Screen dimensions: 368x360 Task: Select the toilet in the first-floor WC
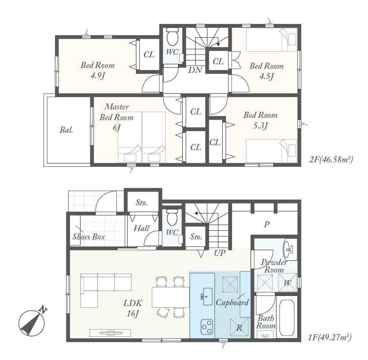(x=173, y=218)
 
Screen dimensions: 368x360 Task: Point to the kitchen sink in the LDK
(x=207, y=296)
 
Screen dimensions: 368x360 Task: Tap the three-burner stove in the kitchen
(x=207, y=327)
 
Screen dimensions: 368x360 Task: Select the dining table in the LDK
(x=171, y=297)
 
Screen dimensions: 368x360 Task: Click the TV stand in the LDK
(x=110, y=333)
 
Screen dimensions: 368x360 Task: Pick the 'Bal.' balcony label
(x=66, y=130)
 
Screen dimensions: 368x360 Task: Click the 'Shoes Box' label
(x=89, y=236)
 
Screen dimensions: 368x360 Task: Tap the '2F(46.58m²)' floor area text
(x=331, y=160)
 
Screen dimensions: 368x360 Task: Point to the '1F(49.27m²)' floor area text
(x=330, y=338)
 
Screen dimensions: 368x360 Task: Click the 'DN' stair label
(x=195, y=70)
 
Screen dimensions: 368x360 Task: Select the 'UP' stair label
(x=220, y=253)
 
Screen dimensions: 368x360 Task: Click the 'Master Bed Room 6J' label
(x=117, y=117)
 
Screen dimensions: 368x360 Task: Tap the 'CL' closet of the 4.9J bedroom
(x=149, y=55)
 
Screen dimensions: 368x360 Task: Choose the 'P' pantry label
(x=266, y=224)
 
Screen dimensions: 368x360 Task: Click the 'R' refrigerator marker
(x=239, y=328)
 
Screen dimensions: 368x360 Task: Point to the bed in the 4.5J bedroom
(x=272, y=40)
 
